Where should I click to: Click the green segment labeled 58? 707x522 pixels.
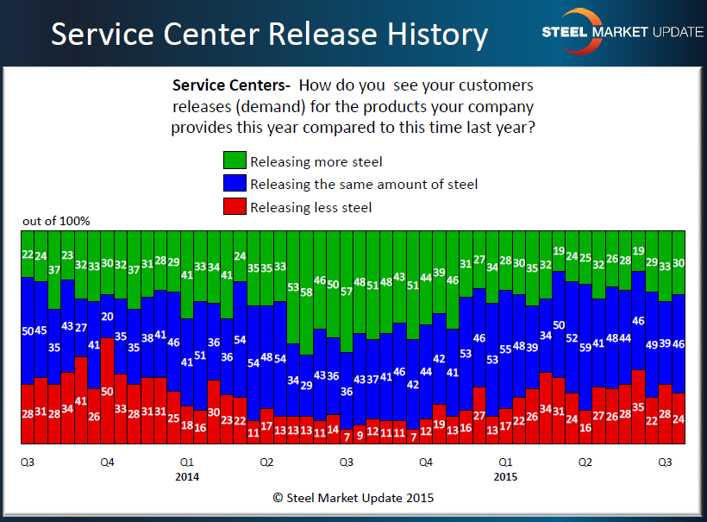point(306,292)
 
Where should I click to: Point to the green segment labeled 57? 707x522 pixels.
point(346,291)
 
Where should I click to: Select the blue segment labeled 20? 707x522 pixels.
point(108,316)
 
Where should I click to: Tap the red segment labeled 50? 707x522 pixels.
point(108,392)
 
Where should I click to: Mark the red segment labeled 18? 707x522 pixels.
point(187,425)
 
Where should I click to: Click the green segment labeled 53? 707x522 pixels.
point(293,287)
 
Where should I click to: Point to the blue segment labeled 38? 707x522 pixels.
point(147,337)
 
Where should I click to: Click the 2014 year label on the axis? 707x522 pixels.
point(187,476)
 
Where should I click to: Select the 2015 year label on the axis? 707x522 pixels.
point(506,476)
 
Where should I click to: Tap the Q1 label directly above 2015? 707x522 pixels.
point(506,462)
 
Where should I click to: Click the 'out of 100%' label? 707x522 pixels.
point(56,221)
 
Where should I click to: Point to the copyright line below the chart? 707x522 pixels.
point(353,498)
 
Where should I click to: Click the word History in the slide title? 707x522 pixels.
point(423,34)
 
